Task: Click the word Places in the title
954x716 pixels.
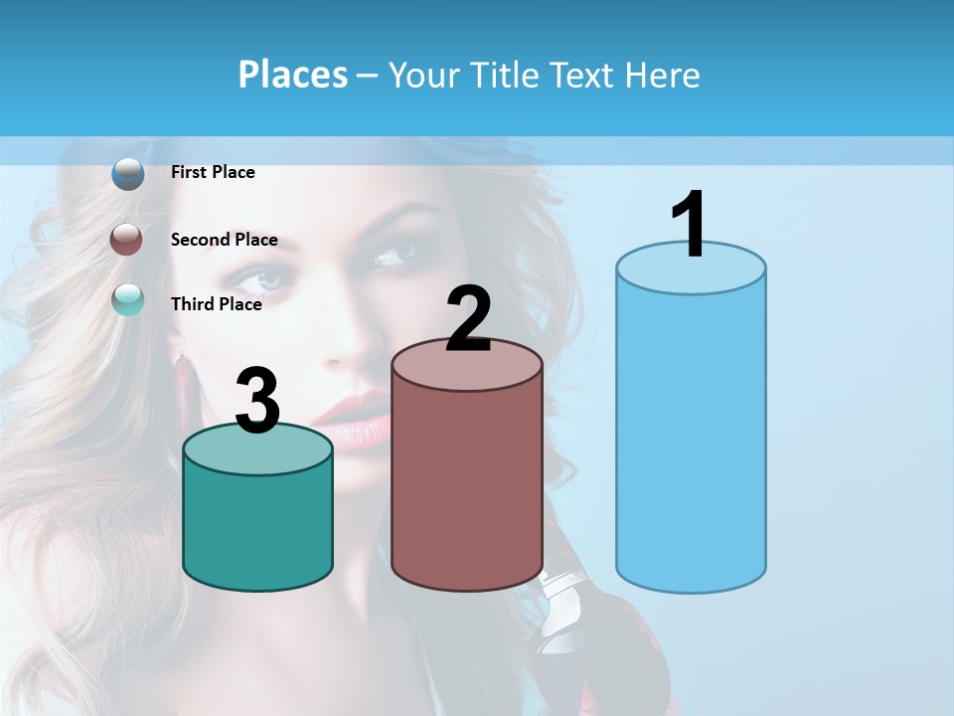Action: pos(292,75)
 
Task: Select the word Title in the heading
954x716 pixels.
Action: pos(501,75)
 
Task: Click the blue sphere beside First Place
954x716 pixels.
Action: pos(127,174)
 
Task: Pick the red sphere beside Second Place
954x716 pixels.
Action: pos(126,240)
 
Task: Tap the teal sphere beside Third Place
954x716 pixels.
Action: pos(127,299)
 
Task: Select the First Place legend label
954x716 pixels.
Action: pos(213,172)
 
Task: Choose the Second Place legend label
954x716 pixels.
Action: pos(224,240)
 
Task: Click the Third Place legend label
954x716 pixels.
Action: pos(216,304)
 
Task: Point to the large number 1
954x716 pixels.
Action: pos(689,225)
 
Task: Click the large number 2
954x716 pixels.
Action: pos(468,319)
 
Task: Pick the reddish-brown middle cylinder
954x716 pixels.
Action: pos(467,487)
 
